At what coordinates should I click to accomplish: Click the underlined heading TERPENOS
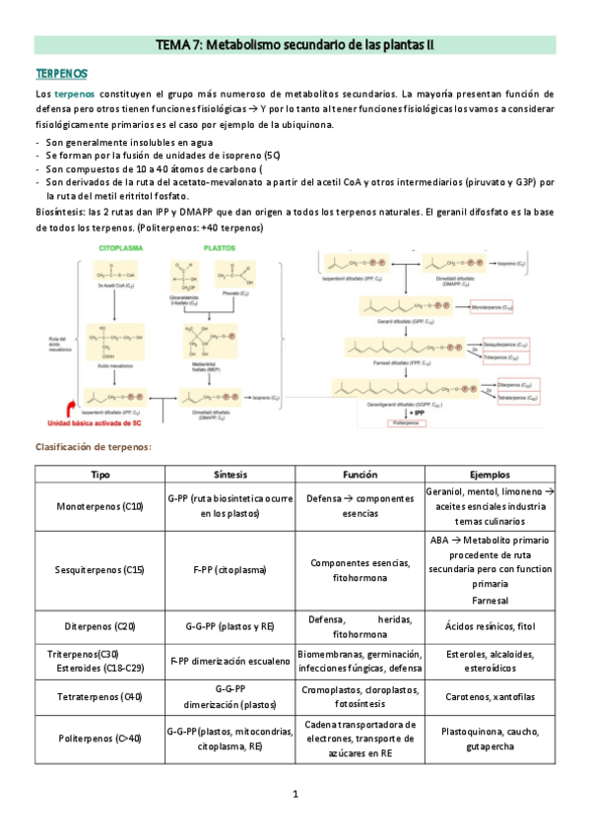coord(61,74)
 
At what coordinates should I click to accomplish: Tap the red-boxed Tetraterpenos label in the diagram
coord(516,399)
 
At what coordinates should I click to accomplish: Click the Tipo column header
coord(100,474)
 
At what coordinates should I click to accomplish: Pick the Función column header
coord(360,474)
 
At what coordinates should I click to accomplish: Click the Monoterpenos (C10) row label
coord(100,506)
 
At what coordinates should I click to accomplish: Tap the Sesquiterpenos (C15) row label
coord(100,570)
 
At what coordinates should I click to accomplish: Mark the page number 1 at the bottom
coord(295,794)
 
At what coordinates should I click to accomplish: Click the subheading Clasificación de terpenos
coord(94,447)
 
